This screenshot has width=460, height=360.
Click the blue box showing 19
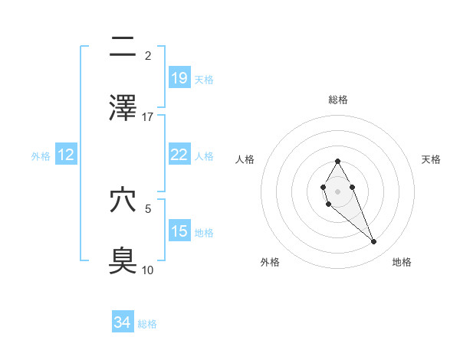179,77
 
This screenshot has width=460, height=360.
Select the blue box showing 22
179,155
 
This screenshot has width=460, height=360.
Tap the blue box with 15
179,231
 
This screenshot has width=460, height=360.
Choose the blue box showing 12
66,155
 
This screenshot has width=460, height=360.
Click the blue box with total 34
122,322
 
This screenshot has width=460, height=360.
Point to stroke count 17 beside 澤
148,116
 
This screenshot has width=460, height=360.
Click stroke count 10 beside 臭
148,270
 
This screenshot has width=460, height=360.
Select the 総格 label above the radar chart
338,100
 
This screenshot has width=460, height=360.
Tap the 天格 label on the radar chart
432,159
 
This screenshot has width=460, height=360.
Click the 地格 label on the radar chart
402,262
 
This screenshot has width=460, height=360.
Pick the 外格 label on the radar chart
270,262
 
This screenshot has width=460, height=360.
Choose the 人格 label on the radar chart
245,159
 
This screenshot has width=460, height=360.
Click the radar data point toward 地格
374,242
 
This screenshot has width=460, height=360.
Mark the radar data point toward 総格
337,161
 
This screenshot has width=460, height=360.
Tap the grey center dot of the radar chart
337,191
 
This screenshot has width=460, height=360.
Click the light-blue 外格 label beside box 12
41,155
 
